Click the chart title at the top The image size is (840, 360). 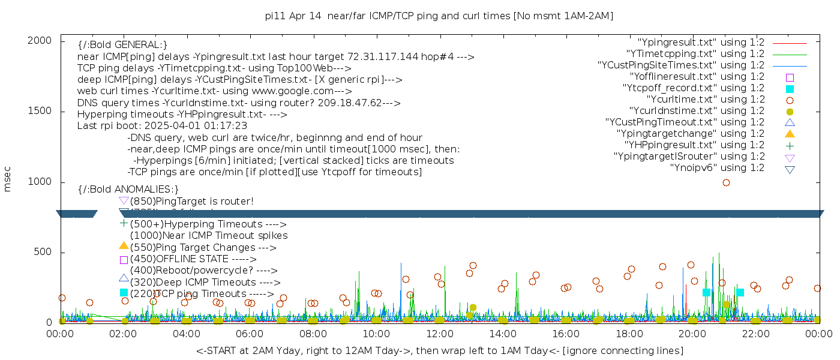tap(439, 16)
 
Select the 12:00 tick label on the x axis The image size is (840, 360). tap(439, 334)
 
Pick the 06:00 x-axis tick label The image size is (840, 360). tap(250, 334)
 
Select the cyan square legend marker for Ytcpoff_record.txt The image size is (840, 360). tap(790, 89)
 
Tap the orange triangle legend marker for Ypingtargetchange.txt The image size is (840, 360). tap(790, 134)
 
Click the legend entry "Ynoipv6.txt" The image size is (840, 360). tap(717, 168)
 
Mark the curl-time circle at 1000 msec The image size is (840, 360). tap(726, 182)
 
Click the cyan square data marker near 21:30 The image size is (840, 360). tap(740, 293)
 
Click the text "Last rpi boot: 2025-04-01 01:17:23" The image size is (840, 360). tap(162, 126)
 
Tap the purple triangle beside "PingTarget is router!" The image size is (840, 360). tap(124, 200)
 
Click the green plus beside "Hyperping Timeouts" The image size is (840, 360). tap(124, 223)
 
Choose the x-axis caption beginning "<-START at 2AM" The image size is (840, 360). tap(439, 350)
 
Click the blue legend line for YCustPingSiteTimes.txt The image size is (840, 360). tap(790, 65)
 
